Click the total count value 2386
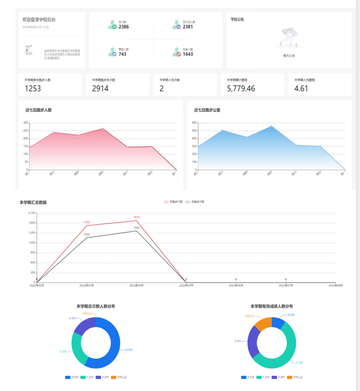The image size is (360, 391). click(123, 27)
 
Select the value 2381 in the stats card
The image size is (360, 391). click(188, 27)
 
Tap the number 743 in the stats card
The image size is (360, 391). click(122, 54)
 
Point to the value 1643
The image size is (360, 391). click(188, 54)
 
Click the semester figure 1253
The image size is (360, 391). click(33, 88)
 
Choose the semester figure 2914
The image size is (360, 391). click(100, 88)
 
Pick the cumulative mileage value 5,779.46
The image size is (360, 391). click(241, 88)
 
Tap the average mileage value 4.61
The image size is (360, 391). click(301, 88)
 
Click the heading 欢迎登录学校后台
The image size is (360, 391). click(39, 19)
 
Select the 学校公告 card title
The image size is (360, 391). click(237, 19)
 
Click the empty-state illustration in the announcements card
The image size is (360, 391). click(289, 38)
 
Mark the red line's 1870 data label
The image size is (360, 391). click(136, 217)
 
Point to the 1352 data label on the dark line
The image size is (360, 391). click(86, 234)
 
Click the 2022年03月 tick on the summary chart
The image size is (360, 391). click(86, 285)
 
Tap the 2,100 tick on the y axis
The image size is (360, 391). click(32, 213)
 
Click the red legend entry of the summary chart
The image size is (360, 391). click(173, 202)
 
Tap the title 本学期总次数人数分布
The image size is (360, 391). click(96, 306)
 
